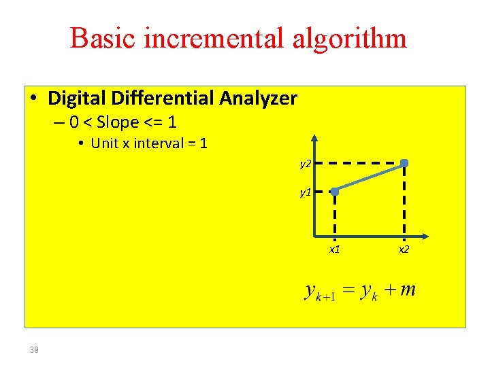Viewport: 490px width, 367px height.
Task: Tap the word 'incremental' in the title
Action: pyautogui.click(x=209, y=38)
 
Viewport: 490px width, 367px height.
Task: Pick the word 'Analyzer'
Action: pyautogui.click(x=259, y=99)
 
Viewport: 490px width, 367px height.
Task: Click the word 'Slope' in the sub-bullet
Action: pyautogui.click(x=120, y=123)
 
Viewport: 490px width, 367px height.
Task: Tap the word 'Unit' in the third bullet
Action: pyautogui.click(x=104, y=143)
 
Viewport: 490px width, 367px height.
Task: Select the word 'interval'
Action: pyautogui.click(x=157, y=143)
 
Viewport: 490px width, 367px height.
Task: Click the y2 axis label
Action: pyautogui.click(x=306, y=164)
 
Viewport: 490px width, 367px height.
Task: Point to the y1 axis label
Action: pyautogui.click(x=306, y=192)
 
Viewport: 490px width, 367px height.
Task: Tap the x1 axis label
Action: pyautogui.click(x=335, y=250)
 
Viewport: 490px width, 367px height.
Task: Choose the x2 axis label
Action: pyautogui.click(x=404, y=250)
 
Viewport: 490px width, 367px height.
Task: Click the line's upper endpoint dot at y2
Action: pyautogui.click(x=404, y=163)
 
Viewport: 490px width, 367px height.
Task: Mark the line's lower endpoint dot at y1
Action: pyautogui.click(x=335, y=192)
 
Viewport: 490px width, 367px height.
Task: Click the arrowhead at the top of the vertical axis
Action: pyautogui.click(x=313, y=137)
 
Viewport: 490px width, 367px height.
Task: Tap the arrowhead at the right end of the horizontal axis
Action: pyautogui.click(x=424, y=237)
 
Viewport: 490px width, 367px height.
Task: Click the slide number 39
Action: pyautogui.click(x=34, y=350)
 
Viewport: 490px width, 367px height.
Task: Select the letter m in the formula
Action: pyautogui.click(x=408, y=291)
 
